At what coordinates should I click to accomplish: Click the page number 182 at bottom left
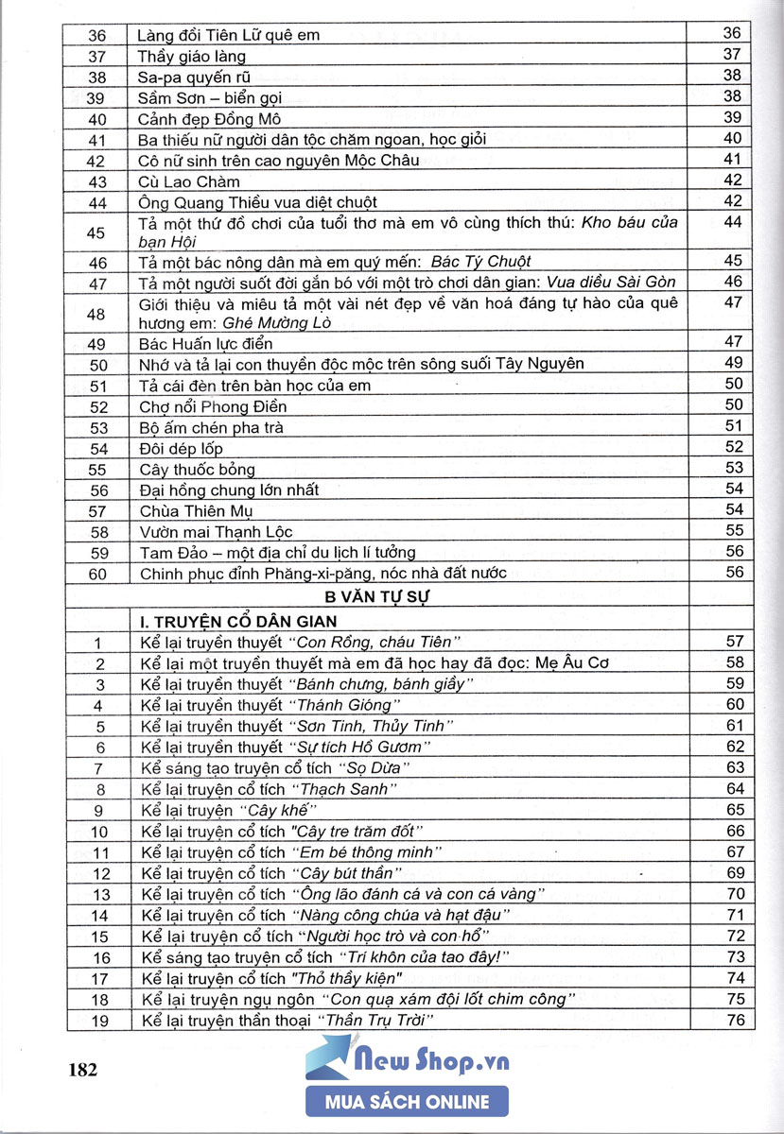[x=83, y=1070]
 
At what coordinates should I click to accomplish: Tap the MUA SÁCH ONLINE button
[x=407, y=1102]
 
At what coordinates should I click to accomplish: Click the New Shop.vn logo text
[x=431, y=1062]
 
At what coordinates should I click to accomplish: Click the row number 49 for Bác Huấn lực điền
[x=97, y=343]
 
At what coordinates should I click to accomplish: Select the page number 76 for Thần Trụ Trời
[x=735, y=1020]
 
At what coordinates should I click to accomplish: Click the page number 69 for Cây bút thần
[x=735, y=872]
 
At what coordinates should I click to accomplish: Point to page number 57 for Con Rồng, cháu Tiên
[x=735, y=642]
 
